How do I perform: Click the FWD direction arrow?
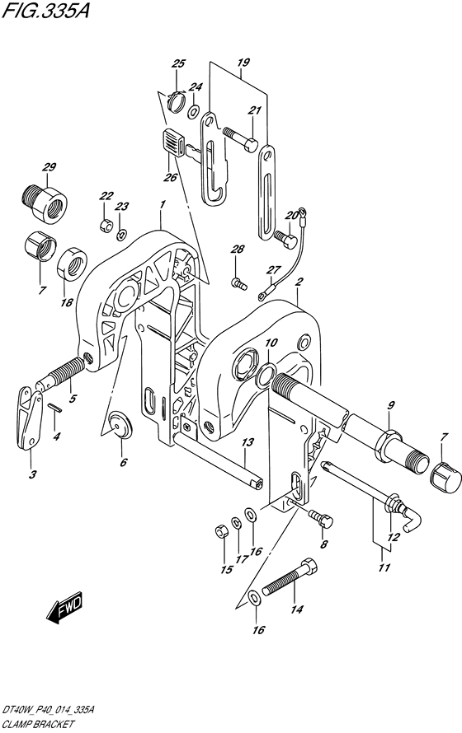pyautogui.click(x=64, y=608)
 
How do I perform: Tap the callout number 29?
pyautogui.click(x=49, y=167)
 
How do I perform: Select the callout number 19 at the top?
pyautogui.click(x=243, y=62)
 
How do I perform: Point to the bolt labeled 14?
pyautogui.click(x=289, y=577)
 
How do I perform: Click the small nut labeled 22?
pyautogui.click(x=106, y=225)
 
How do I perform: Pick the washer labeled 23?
pyautogui.click(x=121, y=235)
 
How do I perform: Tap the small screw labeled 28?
pyautogui.click(x=238, y=282)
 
